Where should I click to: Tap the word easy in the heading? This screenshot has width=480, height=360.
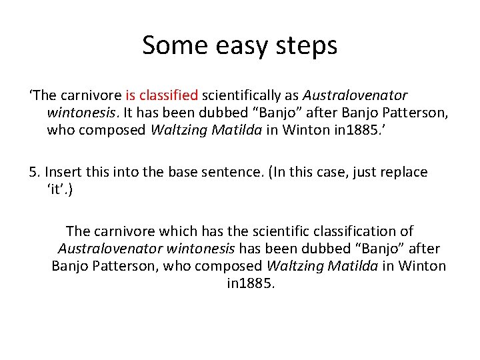click(239, 47)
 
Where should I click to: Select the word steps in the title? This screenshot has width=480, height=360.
click(305, 47)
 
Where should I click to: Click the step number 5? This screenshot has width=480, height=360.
click(33, 171)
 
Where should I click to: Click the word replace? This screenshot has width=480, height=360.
click(404, 171)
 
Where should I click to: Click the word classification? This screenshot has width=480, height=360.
click(359, 231)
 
